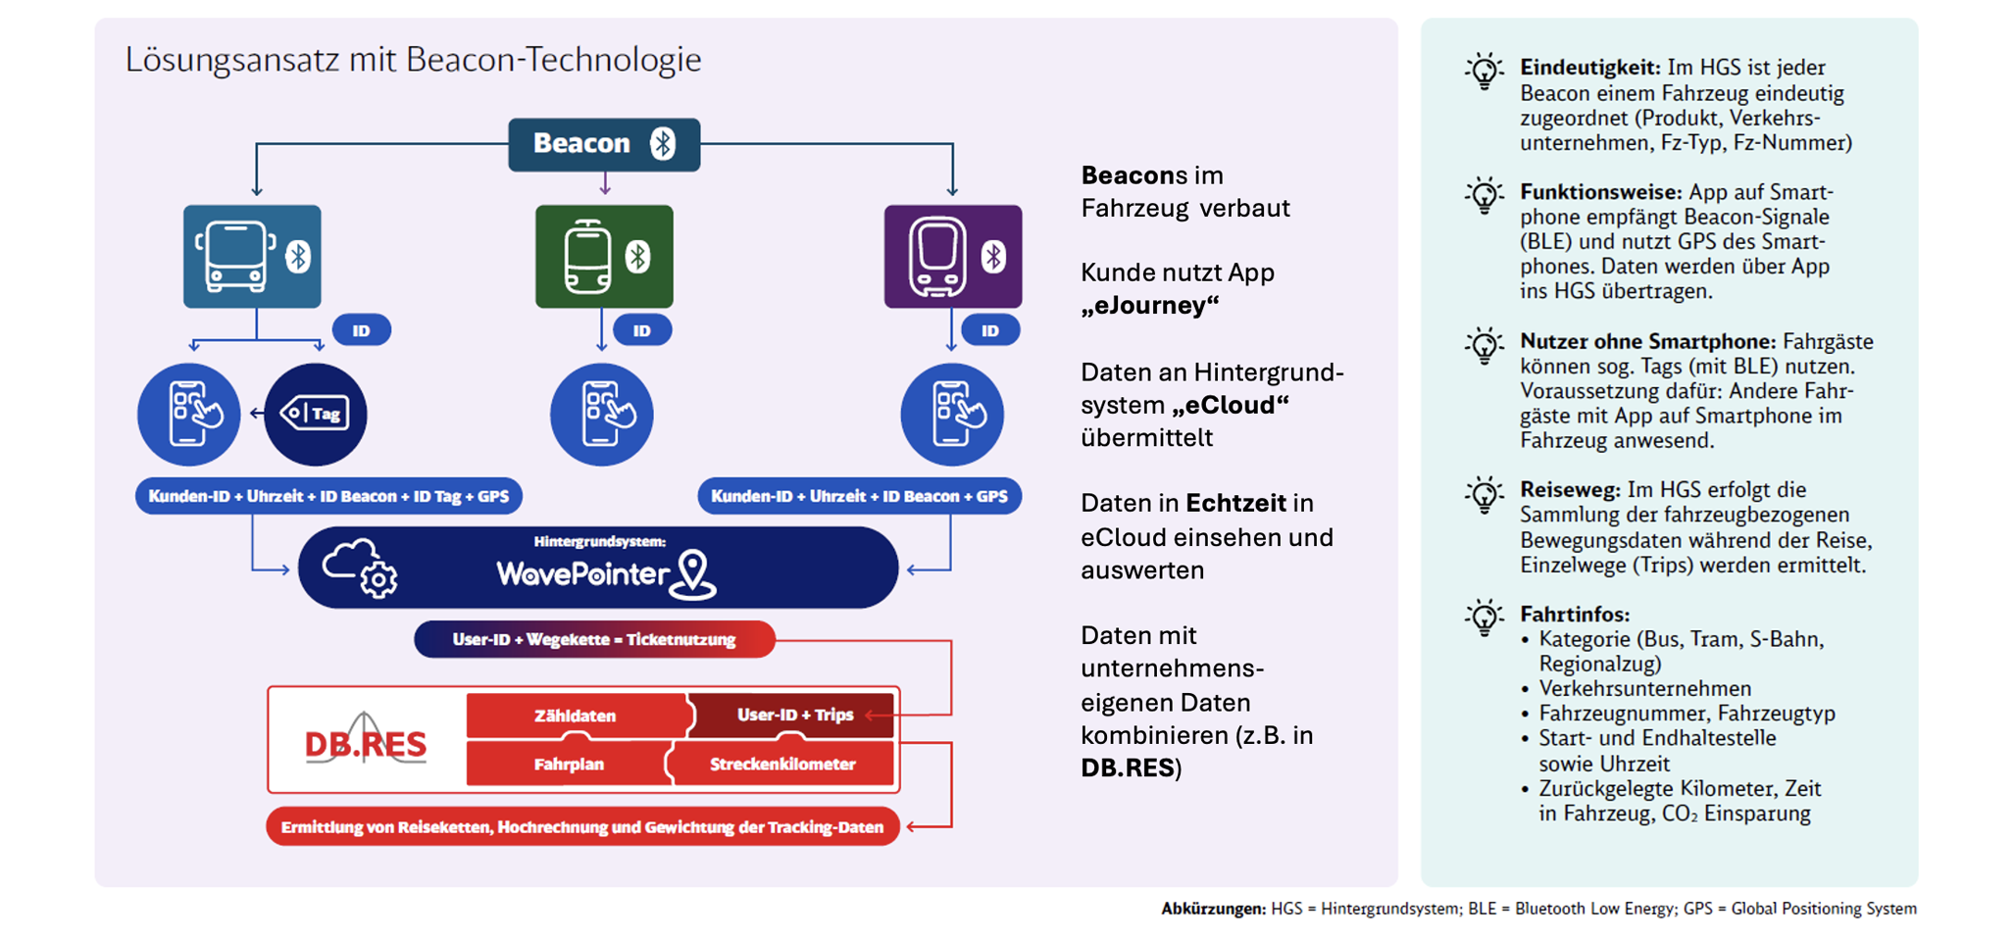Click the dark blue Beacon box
pos(604,144)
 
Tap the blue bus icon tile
pos(252,257)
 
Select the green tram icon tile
pos(604,257)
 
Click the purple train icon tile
pos(952,257)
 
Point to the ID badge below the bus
pos(361,330)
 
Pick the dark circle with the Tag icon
pos(316,414)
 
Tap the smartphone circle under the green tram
pos(601,414)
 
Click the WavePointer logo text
pos(584,573)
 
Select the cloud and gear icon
pos(360,568)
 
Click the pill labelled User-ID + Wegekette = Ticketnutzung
pos(594,639)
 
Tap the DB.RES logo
pos(366,744)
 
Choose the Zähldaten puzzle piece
pos(576,716)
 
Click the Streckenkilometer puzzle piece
pos(782,764)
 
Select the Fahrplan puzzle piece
pos(569,764)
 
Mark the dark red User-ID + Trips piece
pos(794,715)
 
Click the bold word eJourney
pos(1149,305)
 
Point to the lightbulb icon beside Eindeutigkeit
pos(1485,72)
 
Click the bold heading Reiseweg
pos(1570,489)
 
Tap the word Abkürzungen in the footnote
pos(1213,909)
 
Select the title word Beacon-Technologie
pos(553,60)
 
